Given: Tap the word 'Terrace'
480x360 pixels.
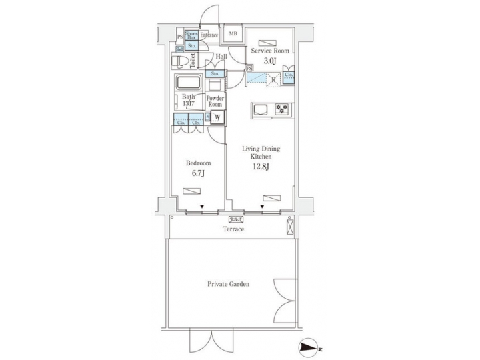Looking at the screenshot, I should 233,229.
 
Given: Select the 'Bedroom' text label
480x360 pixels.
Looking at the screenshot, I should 198,163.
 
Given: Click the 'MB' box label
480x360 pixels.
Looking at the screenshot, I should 233,33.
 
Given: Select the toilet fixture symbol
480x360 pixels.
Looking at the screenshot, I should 181,61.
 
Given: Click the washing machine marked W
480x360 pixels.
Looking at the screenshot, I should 217,119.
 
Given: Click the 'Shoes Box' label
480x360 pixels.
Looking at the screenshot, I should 191,35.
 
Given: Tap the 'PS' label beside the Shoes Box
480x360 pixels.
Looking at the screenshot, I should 180,36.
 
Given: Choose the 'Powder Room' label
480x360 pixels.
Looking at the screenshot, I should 215,101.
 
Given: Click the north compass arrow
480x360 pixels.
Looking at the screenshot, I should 310,348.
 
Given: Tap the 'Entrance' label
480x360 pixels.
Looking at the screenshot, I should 210,35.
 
